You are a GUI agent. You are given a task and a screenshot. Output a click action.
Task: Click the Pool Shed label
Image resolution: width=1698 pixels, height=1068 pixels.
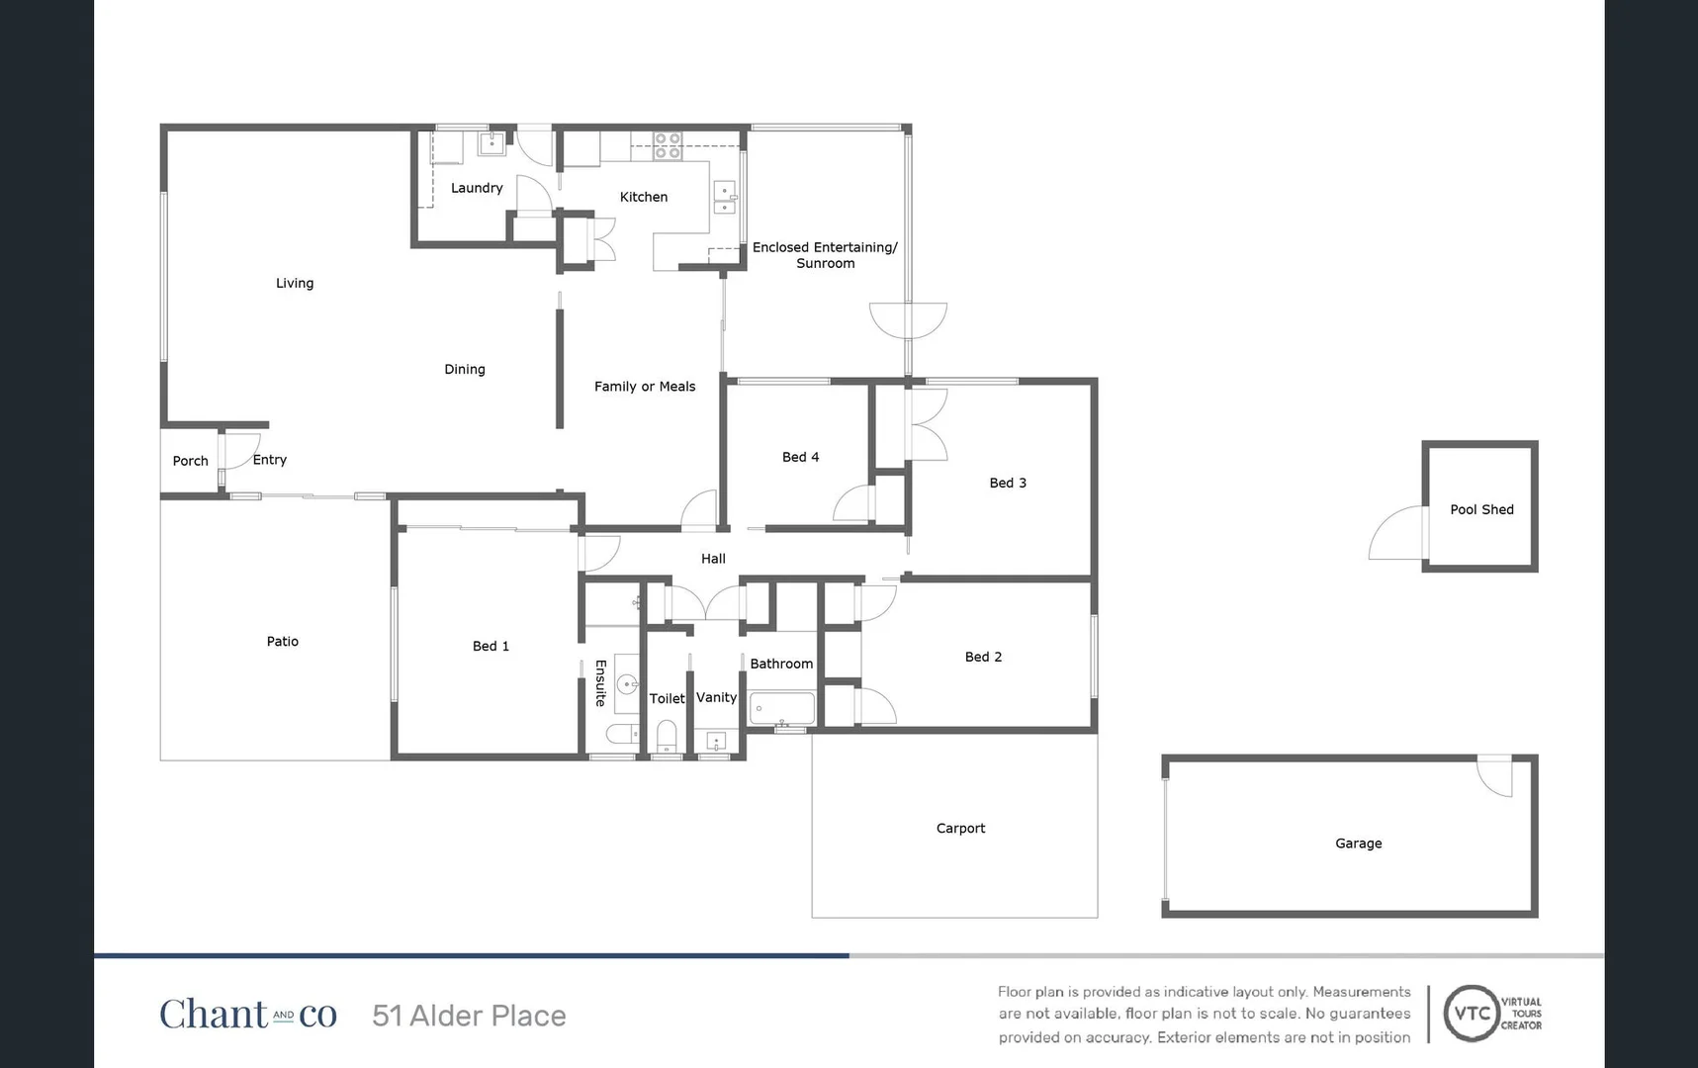tap(1481, 509)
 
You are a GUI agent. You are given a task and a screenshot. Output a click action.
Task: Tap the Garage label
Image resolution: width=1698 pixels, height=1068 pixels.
tap(1358, 844)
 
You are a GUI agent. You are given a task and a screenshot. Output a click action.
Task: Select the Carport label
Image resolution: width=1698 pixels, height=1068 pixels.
tap(960, 829)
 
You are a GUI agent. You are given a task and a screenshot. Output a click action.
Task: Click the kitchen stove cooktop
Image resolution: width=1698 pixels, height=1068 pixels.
tap(668, 146)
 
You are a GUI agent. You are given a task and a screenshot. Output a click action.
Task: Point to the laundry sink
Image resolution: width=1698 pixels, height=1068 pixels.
tap(492, 144)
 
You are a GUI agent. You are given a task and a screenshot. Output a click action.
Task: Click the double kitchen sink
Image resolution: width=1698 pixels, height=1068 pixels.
tap(725, 198)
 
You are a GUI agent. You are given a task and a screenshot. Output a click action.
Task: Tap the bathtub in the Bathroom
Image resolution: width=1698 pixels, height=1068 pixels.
tap(782, 709)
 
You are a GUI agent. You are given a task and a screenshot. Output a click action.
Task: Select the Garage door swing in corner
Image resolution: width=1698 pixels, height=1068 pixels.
tap(1495, 775)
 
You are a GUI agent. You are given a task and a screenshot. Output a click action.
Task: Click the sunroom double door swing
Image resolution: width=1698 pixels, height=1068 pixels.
tap(908, 319)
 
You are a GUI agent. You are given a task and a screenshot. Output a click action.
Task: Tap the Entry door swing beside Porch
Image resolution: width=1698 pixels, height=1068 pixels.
tap(240, 450)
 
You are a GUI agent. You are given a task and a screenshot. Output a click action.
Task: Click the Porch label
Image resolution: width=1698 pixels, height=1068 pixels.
tap(190, 461)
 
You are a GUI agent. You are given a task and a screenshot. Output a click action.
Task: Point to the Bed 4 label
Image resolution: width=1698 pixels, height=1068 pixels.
tap(800, 457)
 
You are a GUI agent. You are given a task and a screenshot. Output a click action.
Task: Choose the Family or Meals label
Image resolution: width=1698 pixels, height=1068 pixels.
tap(645, 387)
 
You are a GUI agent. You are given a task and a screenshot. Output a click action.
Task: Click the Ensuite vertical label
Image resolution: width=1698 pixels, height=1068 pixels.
tap(600, 683)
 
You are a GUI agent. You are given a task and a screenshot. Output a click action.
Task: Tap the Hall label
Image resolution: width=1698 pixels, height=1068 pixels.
tap(713, 559)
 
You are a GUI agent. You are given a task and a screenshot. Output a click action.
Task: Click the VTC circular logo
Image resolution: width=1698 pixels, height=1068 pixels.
tap(1472, 1014)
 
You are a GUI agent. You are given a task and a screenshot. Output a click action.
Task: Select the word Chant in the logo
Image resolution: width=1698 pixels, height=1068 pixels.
tap(214, 1015)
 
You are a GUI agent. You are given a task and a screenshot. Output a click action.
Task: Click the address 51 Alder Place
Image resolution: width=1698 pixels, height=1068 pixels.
tap(469, 1016)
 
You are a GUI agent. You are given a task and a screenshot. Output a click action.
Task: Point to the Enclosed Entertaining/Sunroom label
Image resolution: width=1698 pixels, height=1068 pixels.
tap(825, 255)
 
